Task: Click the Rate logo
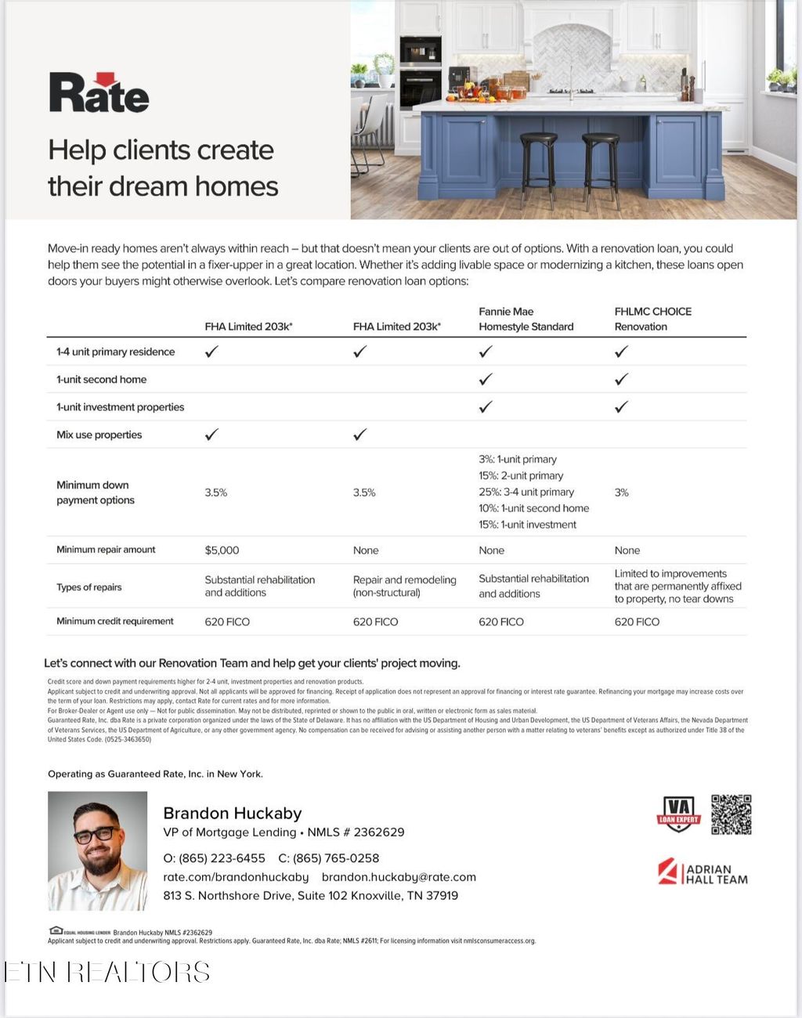(99, 93)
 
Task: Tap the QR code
(731, 814)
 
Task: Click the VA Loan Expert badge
(678, 814)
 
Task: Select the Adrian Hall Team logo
(703, 872)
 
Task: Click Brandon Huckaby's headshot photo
(98, 850)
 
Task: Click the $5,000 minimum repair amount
(222, 551)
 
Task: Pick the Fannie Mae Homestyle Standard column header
(526, 319)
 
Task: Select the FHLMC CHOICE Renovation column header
(652, 319)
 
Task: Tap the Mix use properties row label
(99, 435)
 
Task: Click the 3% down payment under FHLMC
(622, 493)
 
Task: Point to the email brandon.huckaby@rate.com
(399, 877)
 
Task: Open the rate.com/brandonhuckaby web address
(236, 877)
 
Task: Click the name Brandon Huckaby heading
(232, 813)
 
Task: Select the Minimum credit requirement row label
(114, 621)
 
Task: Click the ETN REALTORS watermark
(107, 973)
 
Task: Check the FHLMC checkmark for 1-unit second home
(621, 380)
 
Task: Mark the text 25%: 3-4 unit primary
(526, 492)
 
